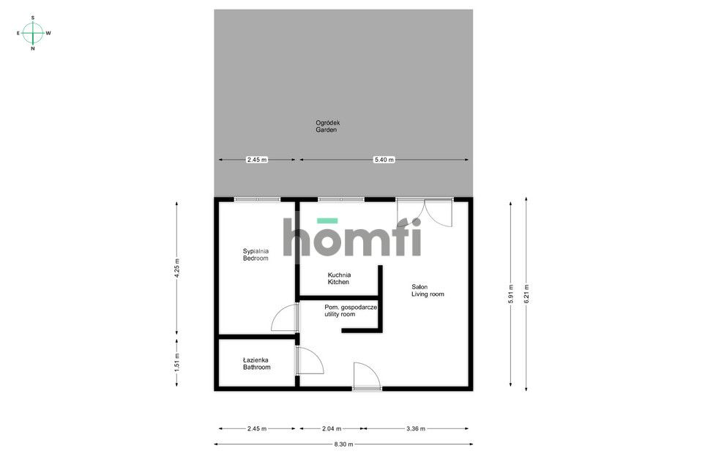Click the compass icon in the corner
point(33,33)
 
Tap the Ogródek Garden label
point(327,126)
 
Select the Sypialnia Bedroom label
point(256,255)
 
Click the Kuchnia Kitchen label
point(338,278)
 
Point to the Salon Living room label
point(428,290)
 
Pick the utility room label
point(350,310)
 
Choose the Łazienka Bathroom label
point(256,363)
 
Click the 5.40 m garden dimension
point(383,160)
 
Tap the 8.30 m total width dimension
point(343,444)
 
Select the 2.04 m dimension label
point(332,428)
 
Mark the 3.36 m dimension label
point(415,428)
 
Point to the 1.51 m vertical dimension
point(176,361)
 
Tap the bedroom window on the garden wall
point(257,199)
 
